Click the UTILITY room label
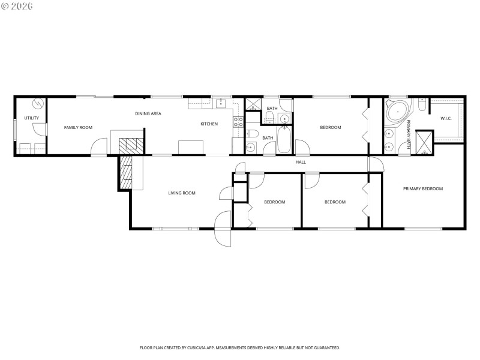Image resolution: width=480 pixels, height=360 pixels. click(31, 118)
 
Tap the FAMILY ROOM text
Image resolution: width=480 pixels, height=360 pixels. click(79, 127)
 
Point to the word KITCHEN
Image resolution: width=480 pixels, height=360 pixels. click(209, 124)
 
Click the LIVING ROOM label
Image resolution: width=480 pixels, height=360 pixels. click(182, 193)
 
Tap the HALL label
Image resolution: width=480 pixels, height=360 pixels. click(301, 162)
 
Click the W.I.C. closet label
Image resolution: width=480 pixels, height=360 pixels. click(446, 118)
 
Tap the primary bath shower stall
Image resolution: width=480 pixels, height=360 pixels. click(424, 141)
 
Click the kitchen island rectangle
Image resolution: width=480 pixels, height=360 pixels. click(192, 148)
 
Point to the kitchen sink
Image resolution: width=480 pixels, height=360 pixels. click(220, 103)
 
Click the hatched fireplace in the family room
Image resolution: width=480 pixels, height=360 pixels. click(128, 144)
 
